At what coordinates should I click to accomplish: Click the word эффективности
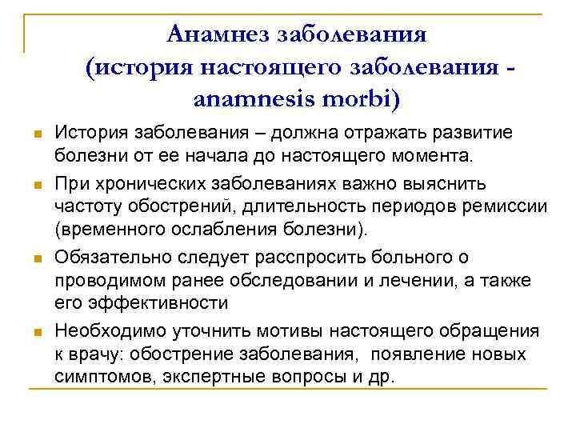[157, 302]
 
